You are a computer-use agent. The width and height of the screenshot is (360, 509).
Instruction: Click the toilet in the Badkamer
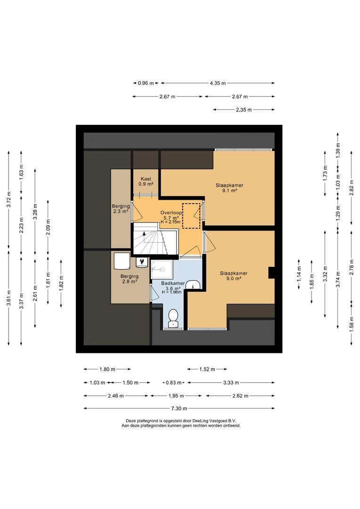point(173,318)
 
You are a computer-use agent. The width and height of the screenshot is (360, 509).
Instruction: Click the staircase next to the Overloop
point(155,239)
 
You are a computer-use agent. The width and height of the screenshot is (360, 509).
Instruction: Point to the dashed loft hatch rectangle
point(191,216)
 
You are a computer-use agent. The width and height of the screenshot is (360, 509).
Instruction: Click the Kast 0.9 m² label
point(146,181)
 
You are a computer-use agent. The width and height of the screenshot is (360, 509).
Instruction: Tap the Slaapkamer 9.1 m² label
point(229,188)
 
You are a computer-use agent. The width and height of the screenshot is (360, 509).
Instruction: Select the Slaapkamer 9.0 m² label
point(233,276)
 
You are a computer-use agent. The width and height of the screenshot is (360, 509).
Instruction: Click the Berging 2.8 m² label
point(130,279)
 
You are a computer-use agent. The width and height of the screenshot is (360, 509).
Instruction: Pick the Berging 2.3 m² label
point(121,208)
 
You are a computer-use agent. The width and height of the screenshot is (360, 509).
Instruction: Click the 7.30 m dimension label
point(180,408)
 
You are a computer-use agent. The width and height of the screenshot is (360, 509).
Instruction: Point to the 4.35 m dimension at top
point(218,83)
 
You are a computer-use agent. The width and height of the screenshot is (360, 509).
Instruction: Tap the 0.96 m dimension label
point(146,83)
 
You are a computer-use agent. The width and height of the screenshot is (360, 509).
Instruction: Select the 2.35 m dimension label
point(244,110)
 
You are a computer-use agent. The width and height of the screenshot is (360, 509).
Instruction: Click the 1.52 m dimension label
point(207,369)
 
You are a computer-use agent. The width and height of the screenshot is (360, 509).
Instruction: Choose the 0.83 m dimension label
point(174,383)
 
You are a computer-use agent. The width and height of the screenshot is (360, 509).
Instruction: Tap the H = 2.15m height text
point(171,222)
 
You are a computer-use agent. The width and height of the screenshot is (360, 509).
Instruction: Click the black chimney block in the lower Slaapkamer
point(271,272)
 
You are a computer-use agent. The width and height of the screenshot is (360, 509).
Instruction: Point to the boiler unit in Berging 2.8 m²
point(122,261)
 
